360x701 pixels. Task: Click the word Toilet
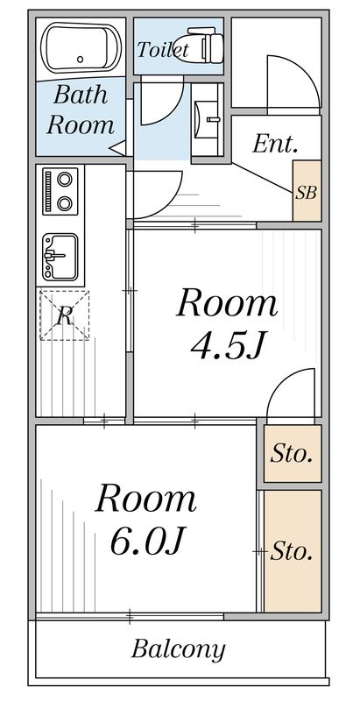[x=162, y=50]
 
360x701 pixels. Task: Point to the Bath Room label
[x=81, y=110]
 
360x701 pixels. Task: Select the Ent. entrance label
[x=275, y=144]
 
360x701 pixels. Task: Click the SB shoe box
[x=306, y=191]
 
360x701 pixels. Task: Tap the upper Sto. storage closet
[x=292, y=454]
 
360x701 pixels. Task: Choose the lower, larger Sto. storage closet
[x=292, y=551]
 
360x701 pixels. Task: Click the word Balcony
[x=178, y=649]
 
